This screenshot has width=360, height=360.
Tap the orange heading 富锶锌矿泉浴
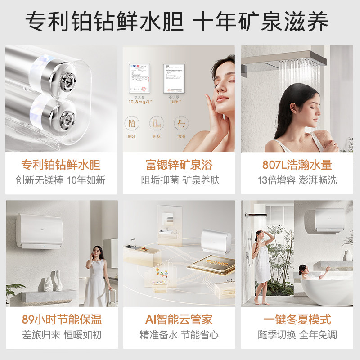[179, 165]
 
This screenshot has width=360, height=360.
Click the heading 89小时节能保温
[62, 320]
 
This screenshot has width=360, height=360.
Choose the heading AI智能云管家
[179, 320]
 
